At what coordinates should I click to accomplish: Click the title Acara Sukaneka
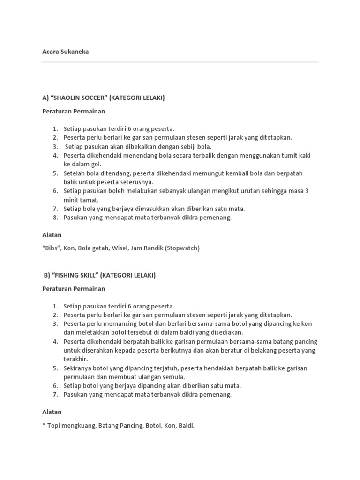[65, 52]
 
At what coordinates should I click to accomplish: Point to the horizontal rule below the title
[180, 61]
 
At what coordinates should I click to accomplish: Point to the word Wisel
[118, 248]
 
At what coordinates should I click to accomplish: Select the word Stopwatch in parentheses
[182, 248]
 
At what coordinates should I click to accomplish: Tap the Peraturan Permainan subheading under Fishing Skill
[74, 289]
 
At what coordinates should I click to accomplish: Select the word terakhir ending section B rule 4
[75, 359]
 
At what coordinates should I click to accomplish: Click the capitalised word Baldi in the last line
[186, 426]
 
